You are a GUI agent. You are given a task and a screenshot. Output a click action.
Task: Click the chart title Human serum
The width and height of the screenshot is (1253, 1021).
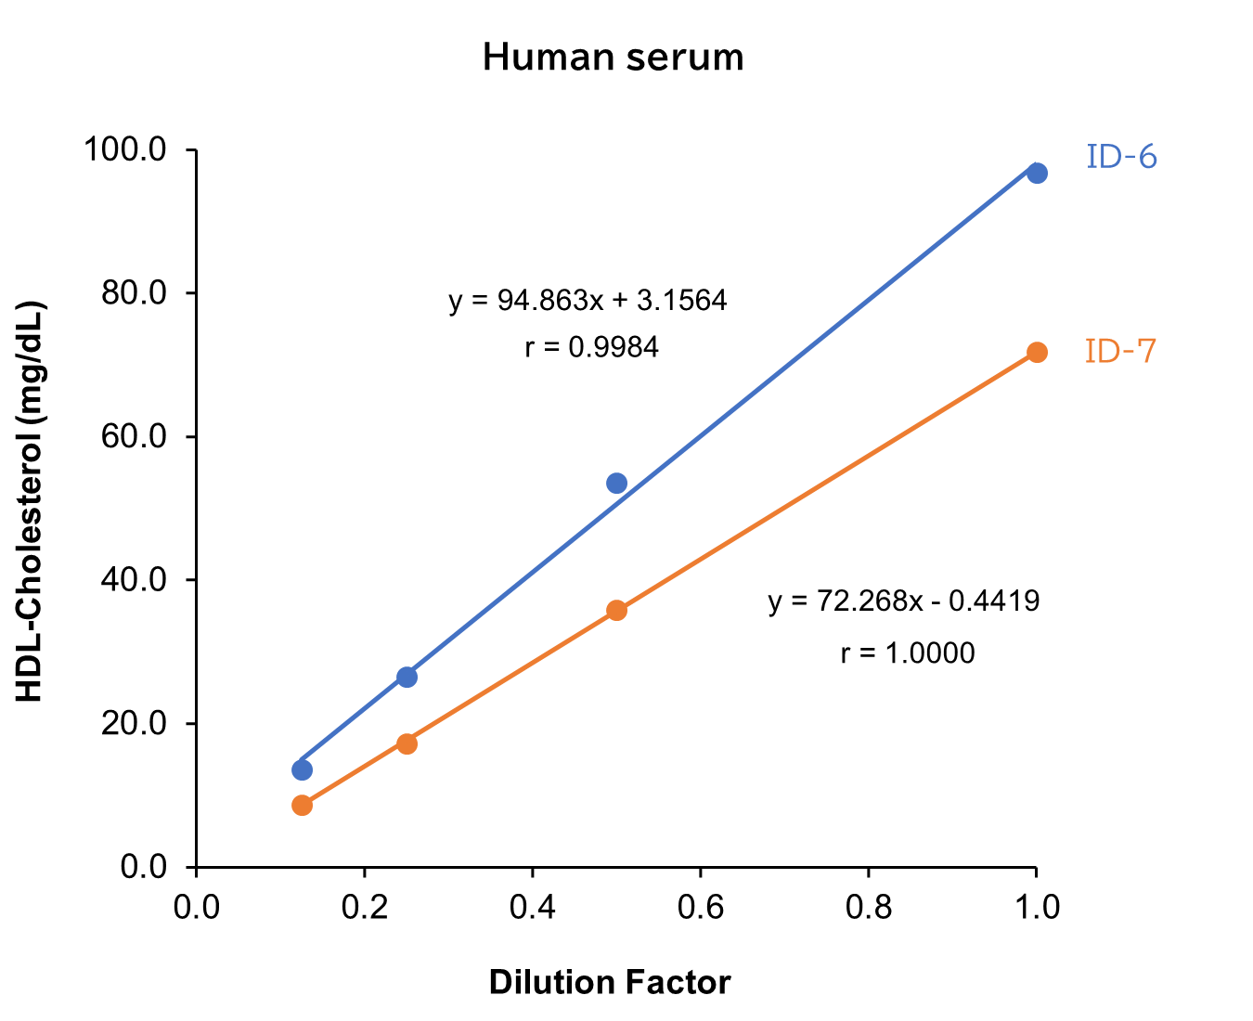click(613, 58)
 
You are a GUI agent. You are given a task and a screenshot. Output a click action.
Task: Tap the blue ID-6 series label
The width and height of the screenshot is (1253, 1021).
click(1121, 157)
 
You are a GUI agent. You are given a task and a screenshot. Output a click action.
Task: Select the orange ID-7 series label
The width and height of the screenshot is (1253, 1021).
click(1120, 351)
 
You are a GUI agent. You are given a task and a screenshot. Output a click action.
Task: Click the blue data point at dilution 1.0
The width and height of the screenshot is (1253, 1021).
click(1037, 173)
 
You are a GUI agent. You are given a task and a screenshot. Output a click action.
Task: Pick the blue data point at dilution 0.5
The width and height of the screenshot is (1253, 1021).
click(616, 483)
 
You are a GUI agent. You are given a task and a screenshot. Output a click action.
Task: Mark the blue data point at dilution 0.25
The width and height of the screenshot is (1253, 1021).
click(407, 677)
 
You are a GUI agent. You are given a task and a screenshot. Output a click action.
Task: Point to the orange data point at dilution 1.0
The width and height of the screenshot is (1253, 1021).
click(1037, 352)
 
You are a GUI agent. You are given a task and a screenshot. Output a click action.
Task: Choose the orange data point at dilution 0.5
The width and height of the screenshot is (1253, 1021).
click(616, 610)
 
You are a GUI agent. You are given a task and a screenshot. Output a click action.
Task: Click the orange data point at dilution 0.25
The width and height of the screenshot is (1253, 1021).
click(407, 743)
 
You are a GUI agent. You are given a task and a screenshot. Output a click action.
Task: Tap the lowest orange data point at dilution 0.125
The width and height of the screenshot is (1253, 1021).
click(302, 805)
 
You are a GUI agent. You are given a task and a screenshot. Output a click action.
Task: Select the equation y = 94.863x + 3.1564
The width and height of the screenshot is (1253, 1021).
click(588, 301)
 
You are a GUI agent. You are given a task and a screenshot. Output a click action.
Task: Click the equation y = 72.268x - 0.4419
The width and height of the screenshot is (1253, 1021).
click(903, 601)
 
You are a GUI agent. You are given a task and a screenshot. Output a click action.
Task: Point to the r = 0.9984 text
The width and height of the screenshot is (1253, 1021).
click(591, 348)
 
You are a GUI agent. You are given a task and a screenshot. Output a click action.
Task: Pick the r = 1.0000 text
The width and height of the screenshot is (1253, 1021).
click(907, 653)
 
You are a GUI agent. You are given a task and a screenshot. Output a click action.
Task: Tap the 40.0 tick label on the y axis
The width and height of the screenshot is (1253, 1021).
click(134, 580)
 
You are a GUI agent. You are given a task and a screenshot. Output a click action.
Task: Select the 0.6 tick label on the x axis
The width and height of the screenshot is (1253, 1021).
click(700, 907)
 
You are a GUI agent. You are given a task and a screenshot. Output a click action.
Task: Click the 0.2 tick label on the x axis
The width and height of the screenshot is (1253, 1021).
click(364, 907)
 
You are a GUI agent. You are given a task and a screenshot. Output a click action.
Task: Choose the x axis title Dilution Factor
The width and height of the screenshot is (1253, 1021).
click(610, 982)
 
